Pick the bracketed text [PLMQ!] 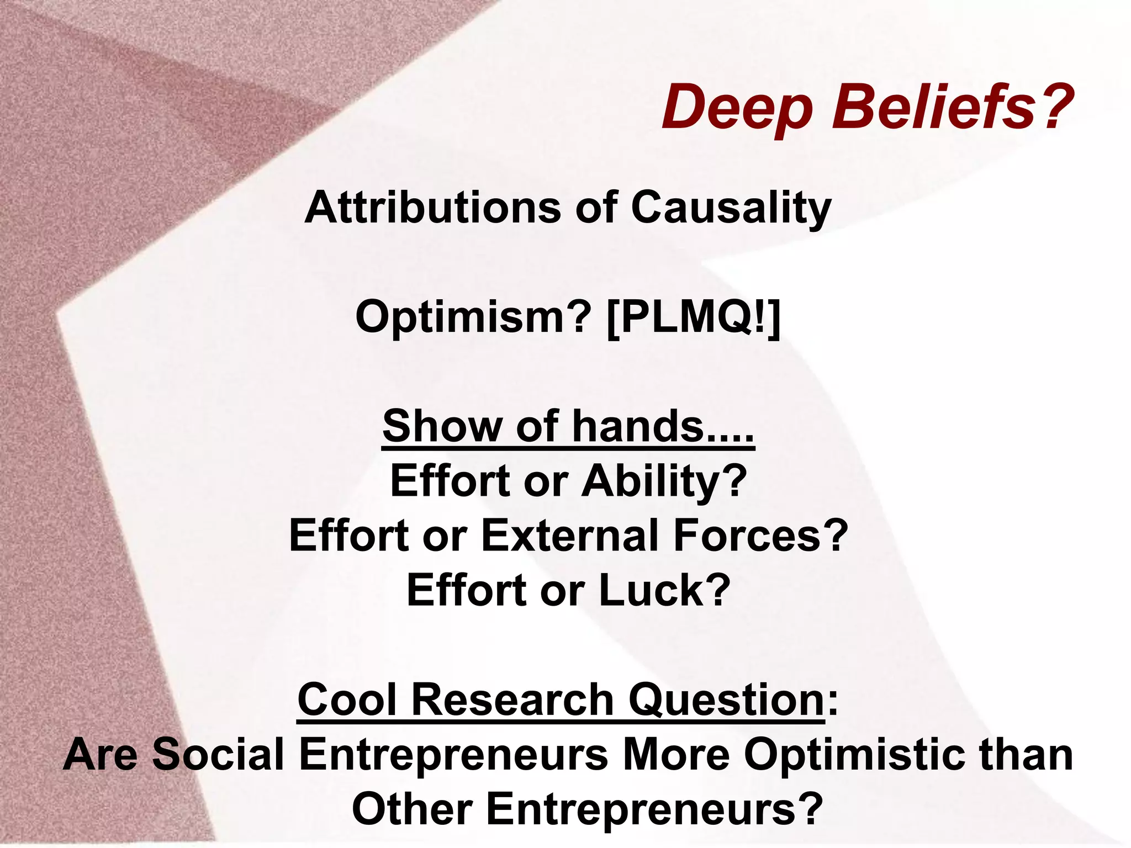[693, 319]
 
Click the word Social [218, 754]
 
